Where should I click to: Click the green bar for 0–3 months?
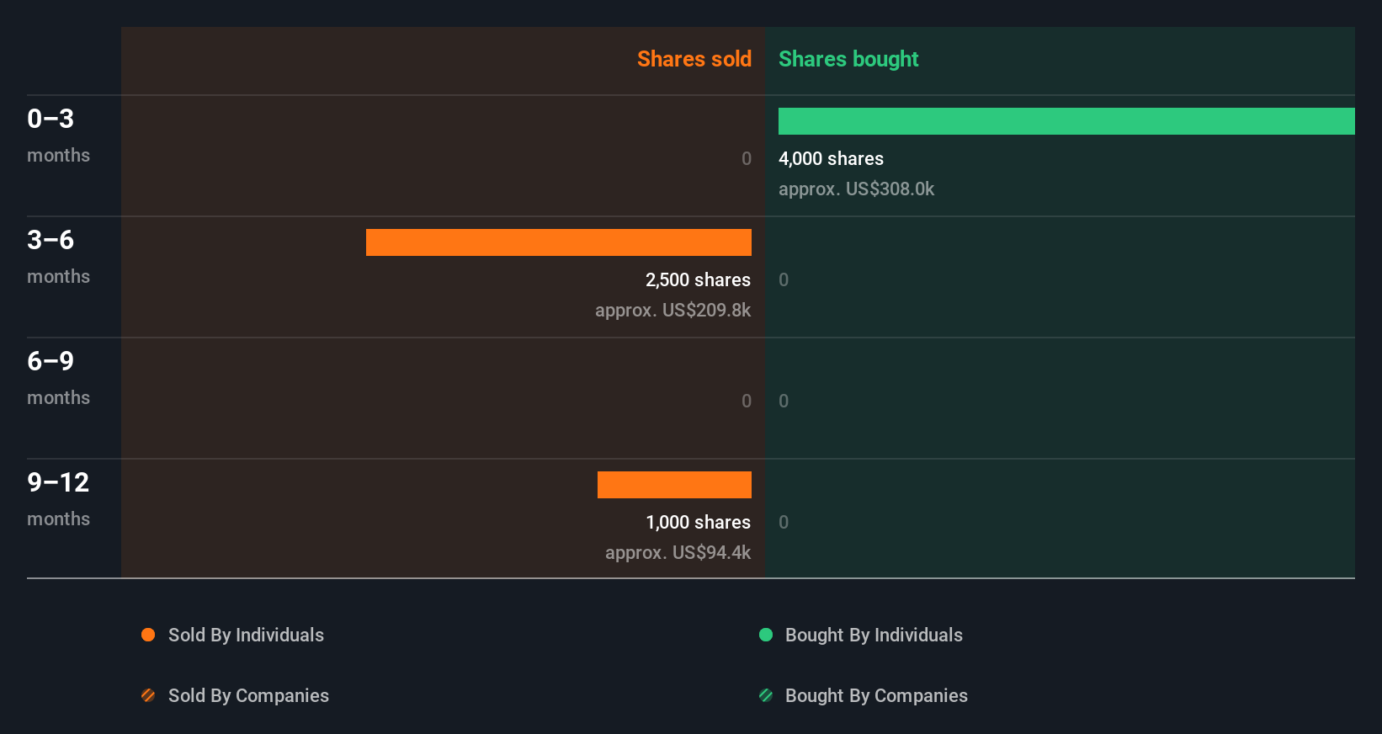coord(1066,121)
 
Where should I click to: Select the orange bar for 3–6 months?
coord(559,242)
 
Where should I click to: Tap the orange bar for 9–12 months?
coord(674,485)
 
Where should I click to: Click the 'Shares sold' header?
coord(694,59)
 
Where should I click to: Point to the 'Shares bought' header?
coord(848,59)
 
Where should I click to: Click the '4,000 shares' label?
coord(831,159)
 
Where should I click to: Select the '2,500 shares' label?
coord(698,280)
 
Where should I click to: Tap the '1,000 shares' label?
coord(698,523)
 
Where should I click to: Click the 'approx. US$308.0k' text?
coord(856,189)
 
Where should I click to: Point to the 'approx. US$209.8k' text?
coord(672,311)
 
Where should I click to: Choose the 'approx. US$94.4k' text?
coord(678,553)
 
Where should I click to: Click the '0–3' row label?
coord(50,119)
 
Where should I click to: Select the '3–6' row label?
coord(50,240)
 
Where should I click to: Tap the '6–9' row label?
coord(50,361)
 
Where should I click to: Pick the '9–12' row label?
coord(58,482)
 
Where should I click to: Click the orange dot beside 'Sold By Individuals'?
coord(148,635)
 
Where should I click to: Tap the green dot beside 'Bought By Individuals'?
coord(766,635)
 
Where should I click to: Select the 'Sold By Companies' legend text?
coord(248,696)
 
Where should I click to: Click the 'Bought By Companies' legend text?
coord(876,696)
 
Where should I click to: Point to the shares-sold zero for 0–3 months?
coord(746,159)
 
